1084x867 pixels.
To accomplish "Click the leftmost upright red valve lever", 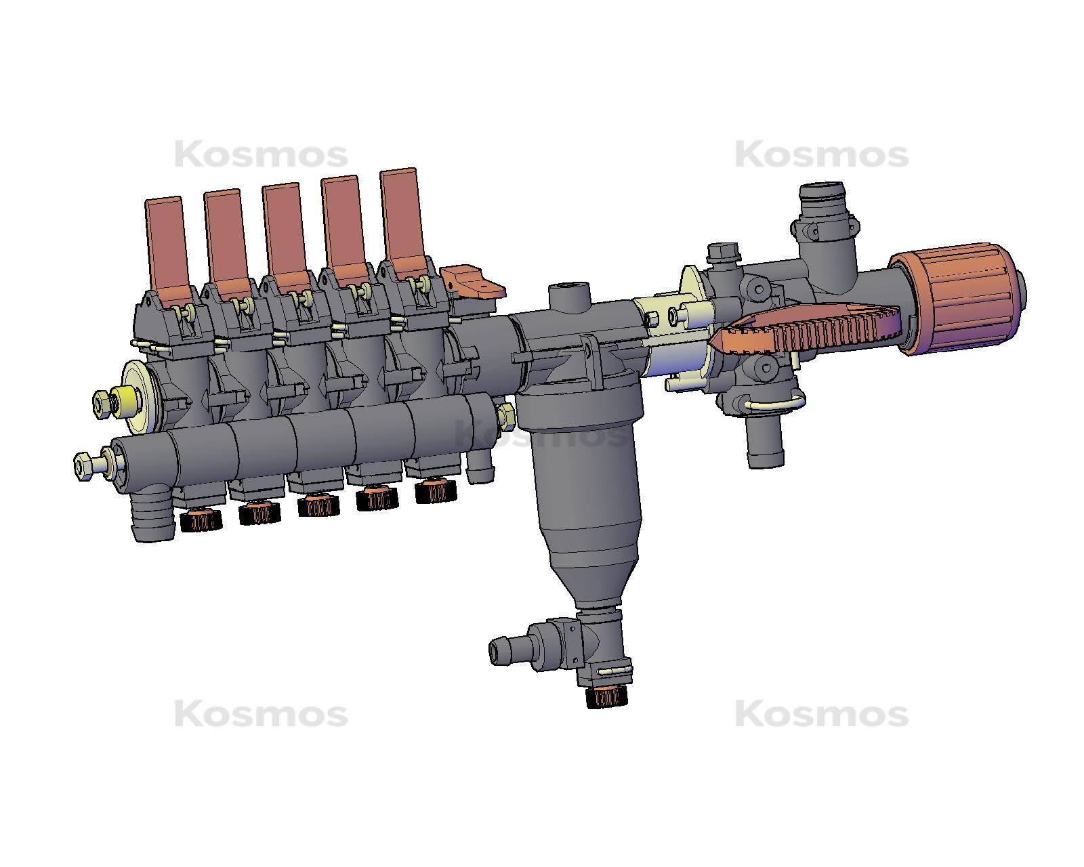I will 165,244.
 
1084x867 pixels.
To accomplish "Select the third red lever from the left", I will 282,230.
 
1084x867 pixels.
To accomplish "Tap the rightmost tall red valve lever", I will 400,217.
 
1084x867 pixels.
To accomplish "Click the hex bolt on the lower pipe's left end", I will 85,467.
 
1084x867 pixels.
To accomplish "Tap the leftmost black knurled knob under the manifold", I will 201,520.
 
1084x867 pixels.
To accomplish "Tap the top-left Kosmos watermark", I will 261,155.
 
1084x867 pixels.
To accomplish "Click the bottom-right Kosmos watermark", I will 821,715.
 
